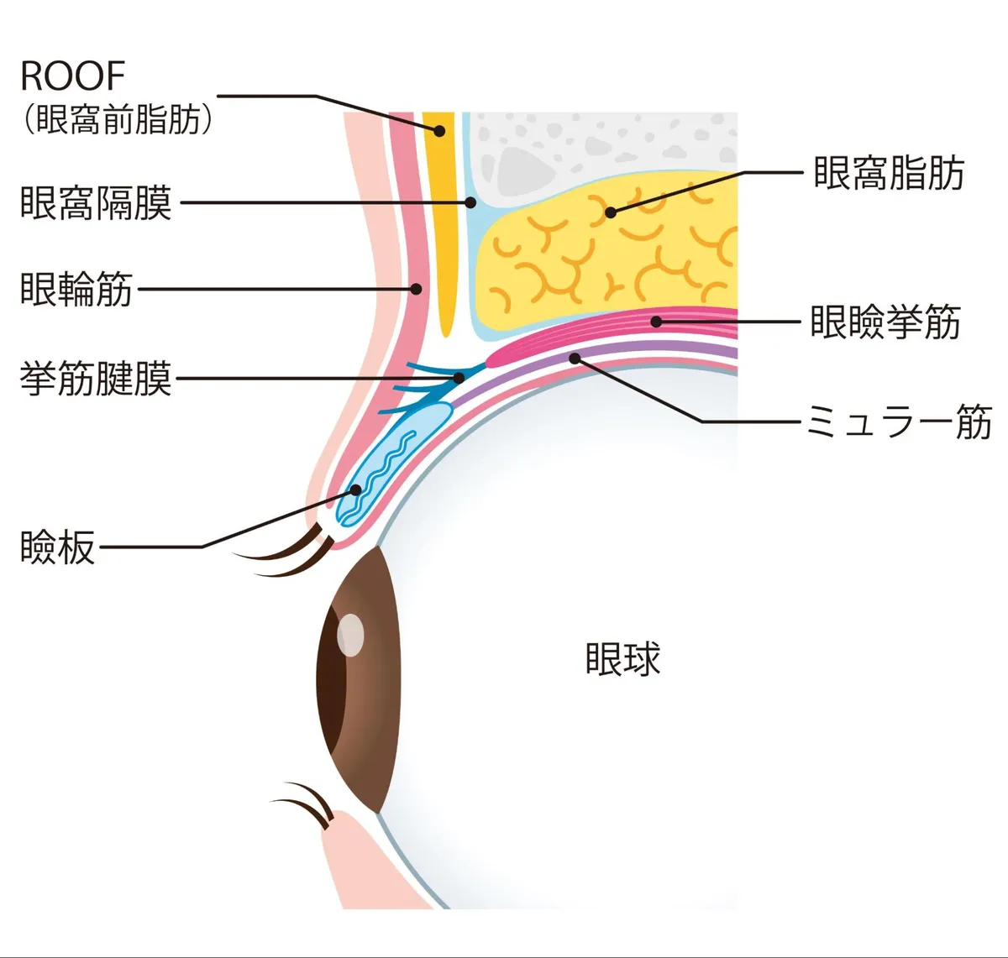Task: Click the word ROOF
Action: point(72,76)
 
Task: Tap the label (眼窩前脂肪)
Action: point(117,119)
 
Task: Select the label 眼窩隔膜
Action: point(96,203)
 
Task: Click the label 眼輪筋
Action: point(76,289)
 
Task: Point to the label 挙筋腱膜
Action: point(96,379)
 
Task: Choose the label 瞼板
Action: point(57,547)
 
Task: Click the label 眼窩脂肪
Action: point(888,174)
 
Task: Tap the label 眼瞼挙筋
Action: point(885,322)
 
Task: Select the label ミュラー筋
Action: point(898,421)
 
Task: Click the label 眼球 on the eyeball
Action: point(622,659)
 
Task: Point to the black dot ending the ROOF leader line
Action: point(438,130)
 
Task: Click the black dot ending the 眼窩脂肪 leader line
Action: point(611,212)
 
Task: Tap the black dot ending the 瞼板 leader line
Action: point(356,489)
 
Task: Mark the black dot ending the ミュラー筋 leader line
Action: point(575,359)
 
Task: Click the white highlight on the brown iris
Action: point(350,635)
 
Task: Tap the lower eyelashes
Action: point(307,804)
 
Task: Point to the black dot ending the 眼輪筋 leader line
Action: point(416,289)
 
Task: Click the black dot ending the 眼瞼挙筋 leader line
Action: point(657,322)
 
